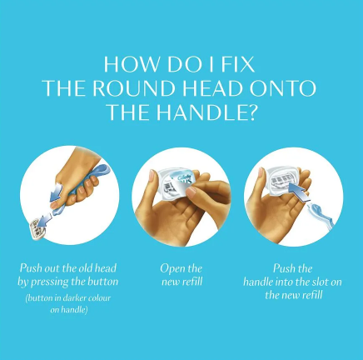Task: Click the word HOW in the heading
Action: tap(131, 64)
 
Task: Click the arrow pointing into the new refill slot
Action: tap(299, 193)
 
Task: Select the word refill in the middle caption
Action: tap(192, 282)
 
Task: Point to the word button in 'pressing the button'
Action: tap(103, 282)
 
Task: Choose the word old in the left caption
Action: tap(86, 268)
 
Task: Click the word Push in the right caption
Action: tap(282, 268)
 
